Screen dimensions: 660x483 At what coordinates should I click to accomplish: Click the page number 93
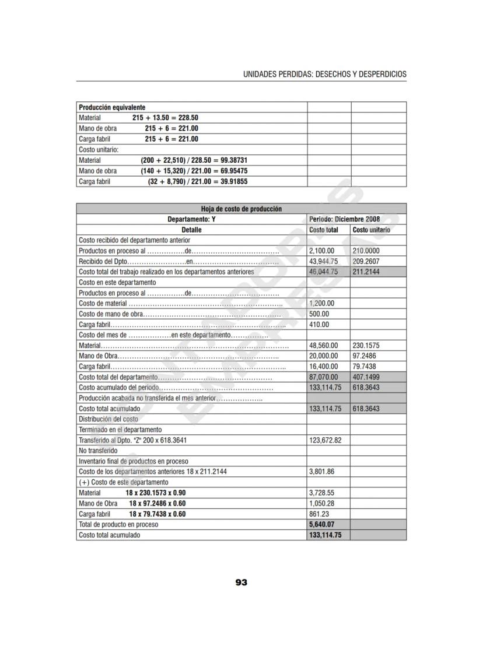pos(242,582)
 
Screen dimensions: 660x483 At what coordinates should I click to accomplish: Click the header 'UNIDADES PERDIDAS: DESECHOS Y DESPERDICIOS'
pos(325,75)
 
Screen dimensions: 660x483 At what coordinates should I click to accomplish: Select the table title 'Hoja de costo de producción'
pos(242,209)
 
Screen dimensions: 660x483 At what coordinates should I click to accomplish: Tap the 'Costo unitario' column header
pos(372,230)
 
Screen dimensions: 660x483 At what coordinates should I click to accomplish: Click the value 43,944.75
pos(323,261)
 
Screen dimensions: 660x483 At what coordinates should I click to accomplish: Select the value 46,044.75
pos(323,272)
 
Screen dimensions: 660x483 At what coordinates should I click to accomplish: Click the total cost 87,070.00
pos(323,377)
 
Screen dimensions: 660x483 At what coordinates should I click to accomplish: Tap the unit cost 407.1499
pos(366,377)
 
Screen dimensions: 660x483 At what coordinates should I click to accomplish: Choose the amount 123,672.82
pos(325,440)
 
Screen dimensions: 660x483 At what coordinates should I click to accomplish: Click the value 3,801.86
pos(321,472)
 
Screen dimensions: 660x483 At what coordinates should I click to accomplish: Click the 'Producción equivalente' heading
pos(112,107)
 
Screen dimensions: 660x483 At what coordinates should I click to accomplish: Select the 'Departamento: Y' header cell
pos(191,219)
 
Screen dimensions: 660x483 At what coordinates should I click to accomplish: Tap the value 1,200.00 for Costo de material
pos(321,303)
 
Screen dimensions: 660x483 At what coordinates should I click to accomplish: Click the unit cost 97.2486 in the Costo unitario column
pos(364,356)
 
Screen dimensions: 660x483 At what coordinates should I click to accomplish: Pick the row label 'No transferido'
pos(98,451)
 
